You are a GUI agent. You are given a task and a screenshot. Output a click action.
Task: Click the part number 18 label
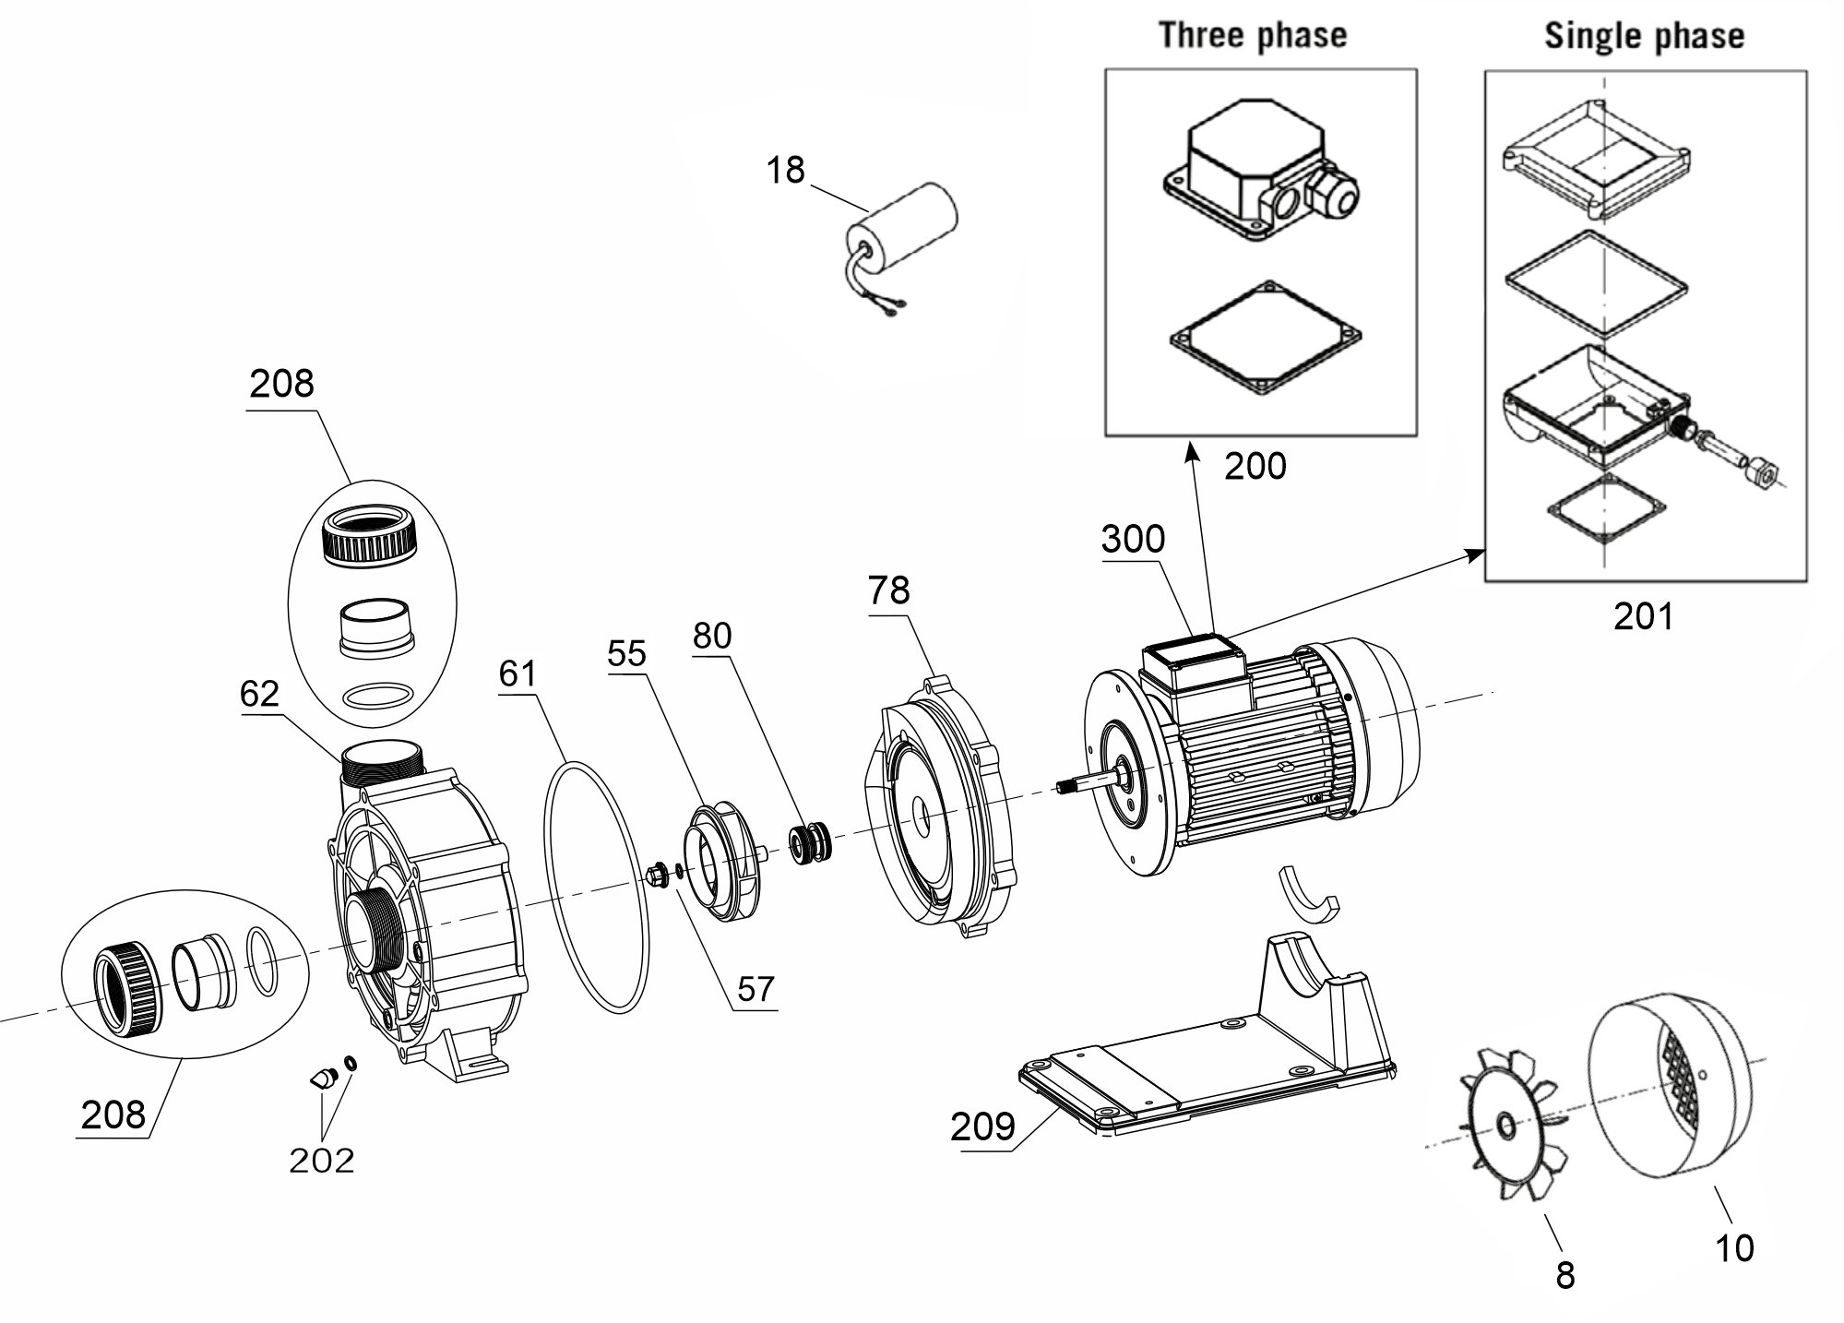(x=785, y=170)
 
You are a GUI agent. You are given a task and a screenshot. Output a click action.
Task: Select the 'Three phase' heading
(x=1253, y=35)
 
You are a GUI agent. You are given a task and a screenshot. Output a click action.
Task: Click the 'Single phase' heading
(x=1645, y=36)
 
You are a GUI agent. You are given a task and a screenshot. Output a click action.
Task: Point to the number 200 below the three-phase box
(x=1255, y=467)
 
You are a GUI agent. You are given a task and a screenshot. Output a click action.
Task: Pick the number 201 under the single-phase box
(x=1643, y=616)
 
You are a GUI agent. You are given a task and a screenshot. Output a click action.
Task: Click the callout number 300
(x=1133, y=539)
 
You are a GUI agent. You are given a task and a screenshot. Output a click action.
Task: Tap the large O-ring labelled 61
(x=598, y=887)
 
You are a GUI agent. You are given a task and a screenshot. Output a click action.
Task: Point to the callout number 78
(x=888, y=590)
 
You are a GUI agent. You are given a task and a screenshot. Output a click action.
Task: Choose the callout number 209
(x=982, y=1126)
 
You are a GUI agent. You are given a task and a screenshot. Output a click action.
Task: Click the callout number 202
(x=322, y=1160)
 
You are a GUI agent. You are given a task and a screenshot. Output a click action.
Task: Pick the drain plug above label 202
(x=322, y=1078)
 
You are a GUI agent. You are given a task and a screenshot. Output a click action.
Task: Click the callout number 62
(x=258, y=694)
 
